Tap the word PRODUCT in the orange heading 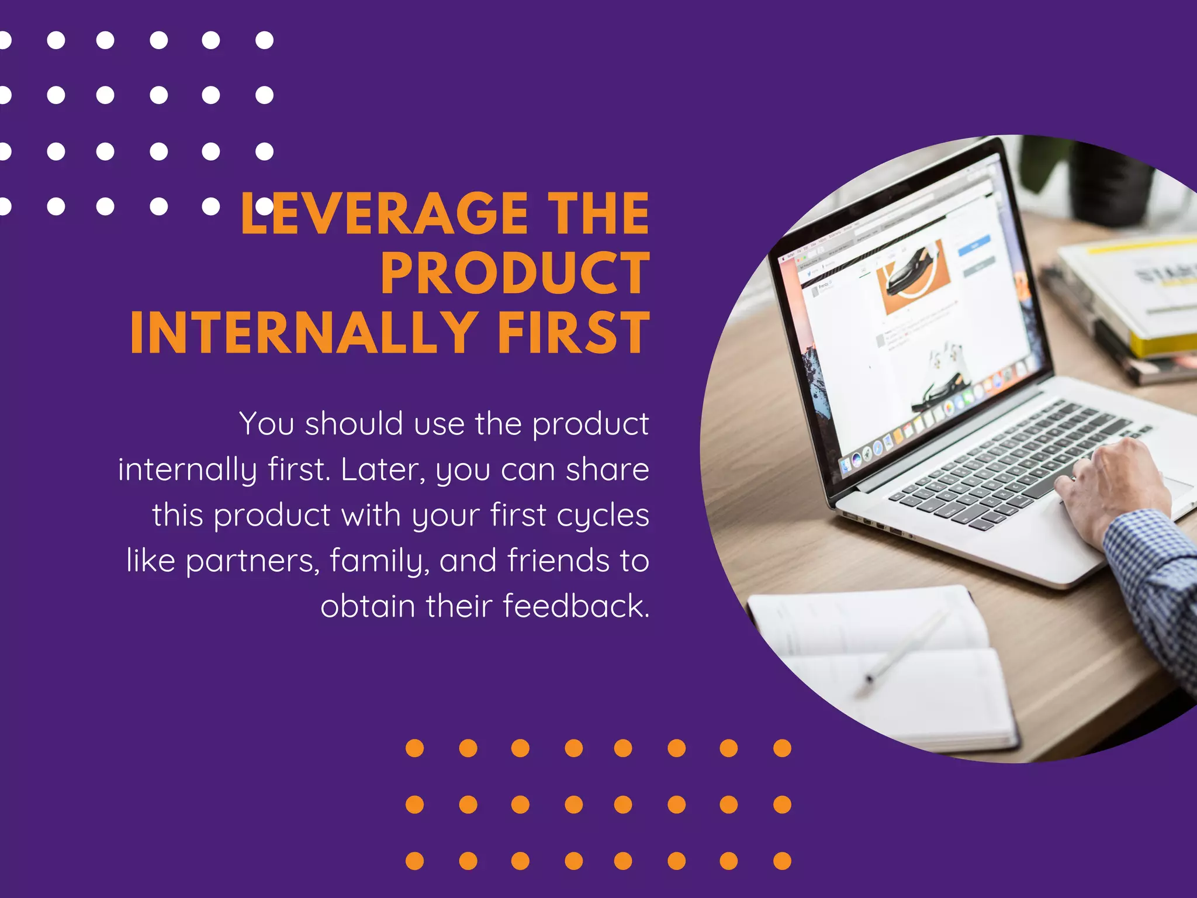pos(514,274)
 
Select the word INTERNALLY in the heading pos(304,333)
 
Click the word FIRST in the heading pos(573,333)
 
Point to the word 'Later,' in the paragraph pos(383,469)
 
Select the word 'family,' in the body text pos(379,561)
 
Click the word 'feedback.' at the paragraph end pos(576,606)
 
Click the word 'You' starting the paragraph pos(266,424)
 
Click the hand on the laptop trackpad pos(1110,485)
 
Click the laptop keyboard pos(1005,462)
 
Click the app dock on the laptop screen pos(935,415)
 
